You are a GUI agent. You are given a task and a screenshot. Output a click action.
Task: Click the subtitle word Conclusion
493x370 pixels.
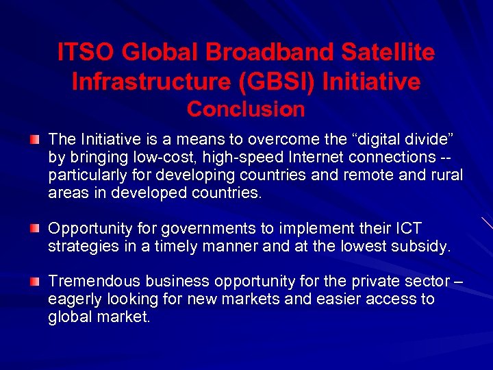pyautogui.click(x=246, y=109)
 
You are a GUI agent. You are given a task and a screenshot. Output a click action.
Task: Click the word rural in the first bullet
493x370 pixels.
pyautogui.click(x=444, y=175)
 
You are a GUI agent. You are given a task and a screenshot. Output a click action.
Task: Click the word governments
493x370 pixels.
pyautogui.click(x=190, y=228)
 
